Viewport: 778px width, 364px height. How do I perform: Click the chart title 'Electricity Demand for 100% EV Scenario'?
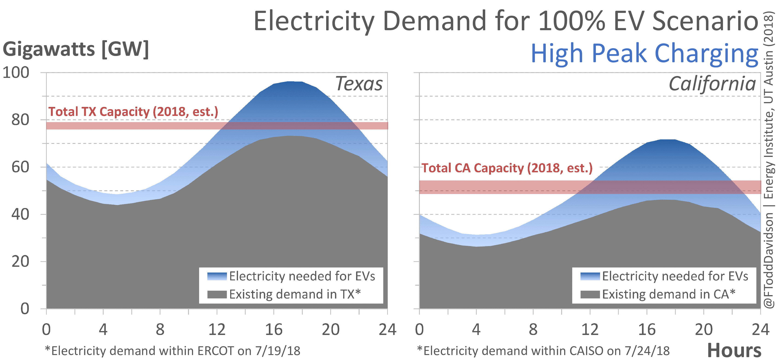pyautogui.click(x=506, y=21)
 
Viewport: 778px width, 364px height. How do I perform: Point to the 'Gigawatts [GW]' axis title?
pyautogui.click(x=75, y=49)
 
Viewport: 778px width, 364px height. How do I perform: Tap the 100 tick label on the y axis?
pyautogui.click(x=16, y=73)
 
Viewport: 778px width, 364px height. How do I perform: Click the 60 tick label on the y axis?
pyautogui.click(x=20, y=167)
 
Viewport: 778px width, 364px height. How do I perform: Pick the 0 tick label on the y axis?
pyautogui.click(x=25, y=309)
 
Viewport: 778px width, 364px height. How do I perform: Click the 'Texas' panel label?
pyautogui.click(x=359, y=84)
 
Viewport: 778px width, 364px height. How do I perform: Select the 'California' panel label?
pyautogui.click(x=712, y=84)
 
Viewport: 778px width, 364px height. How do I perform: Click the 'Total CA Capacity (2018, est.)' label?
pyautogui.click(x=507, y=168)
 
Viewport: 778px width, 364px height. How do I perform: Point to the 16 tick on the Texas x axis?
pyautogui.click(x=274, y=329)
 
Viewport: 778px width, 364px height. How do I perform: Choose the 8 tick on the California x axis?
pyautogui.click(x=533, y=329)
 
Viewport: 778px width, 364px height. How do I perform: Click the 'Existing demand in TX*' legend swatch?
pyautogui.click(x=217, y=294)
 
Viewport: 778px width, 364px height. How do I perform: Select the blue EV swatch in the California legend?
pyautogui.click(x=590, y=276)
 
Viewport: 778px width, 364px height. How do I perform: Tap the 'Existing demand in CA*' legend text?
pyautogui.click(x=669, y=294)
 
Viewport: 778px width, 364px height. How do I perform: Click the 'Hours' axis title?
pyautogui.click(x=734, y=351)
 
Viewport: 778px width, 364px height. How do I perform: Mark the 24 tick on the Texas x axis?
pyautogui.click(x=387, y=329)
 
